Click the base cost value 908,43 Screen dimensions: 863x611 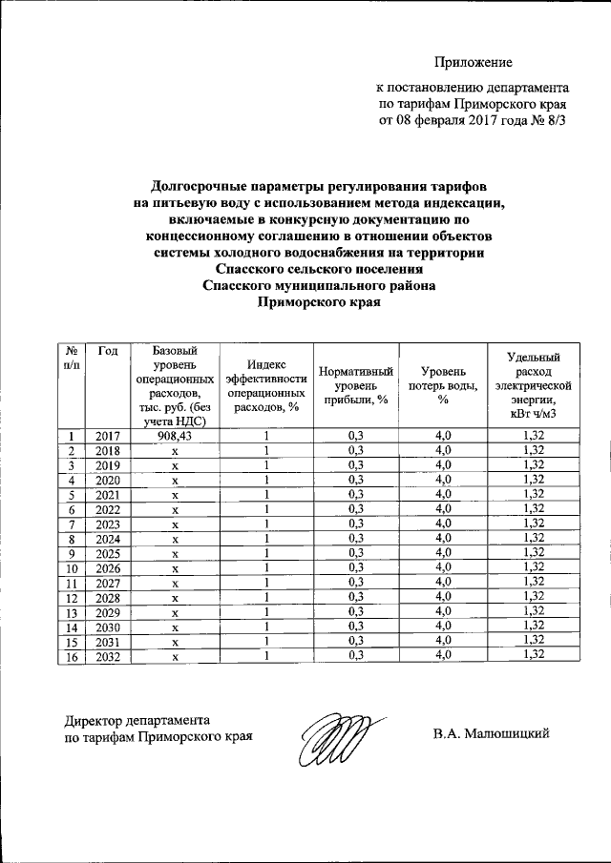[175, 435]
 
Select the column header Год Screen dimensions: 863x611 [107, 352]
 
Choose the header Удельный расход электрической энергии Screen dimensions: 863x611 [533, 384]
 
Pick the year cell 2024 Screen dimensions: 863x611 [107, 539]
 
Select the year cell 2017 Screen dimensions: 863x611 [107, 435]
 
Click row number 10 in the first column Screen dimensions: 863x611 [72, 568]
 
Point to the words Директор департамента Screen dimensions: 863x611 [137, 720]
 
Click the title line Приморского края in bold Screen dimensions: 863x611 [320, 303]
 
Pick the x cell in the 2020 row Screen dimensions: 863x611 [175, 480]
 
